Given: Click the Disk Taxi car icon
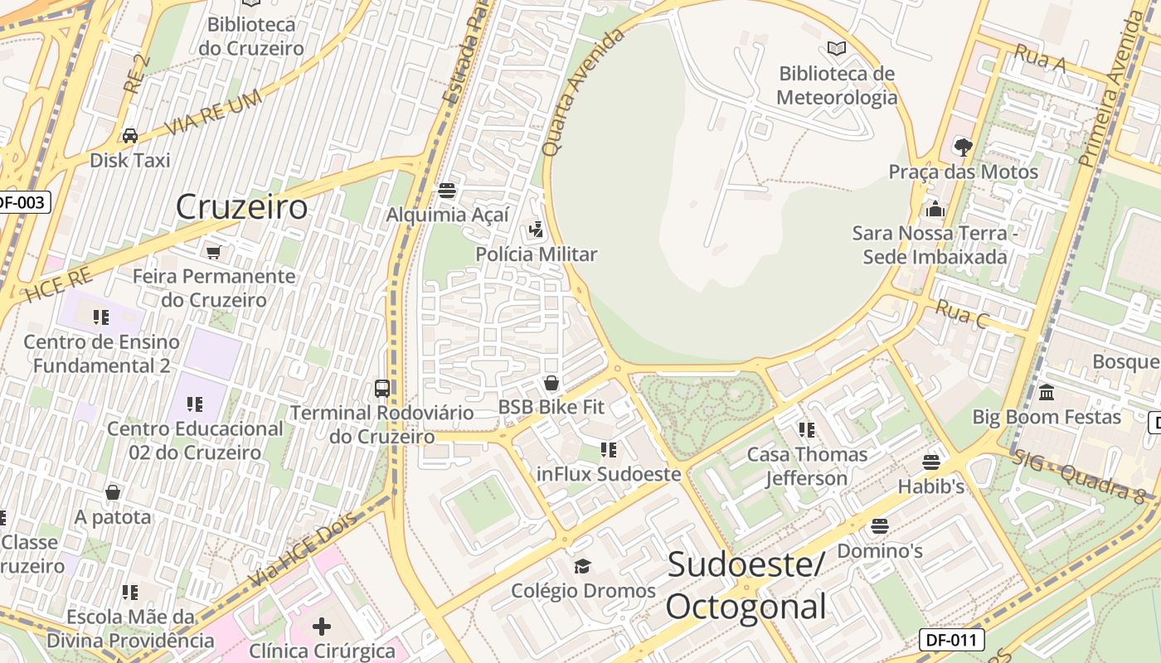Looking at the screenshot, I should pyautogui.click(x=130, y=135).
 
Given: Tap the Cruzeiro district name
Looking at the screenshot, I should pyautogui.click(x=241, y=206).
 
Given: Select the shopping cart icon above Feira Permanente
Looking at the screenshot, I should pyautogui.click(x=214, y=251).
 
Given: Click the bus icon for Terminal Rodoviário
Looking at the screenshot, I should pyautogui.click(x=382, y=388).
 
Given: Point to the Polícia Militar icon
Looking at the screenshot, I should pyautogui.click(x=537, y=230).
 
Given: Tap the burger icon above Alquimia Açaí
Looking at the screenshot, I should pyautogui.click(x=447, y=191).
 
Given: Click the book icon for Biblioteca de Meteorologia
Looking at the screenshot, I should pyautogui.click(x=837, y=49).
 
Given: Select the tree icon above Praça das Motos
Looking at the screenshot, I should pyautogui.click(x=963, y=148).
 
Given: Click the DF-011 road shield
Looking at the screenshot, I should pyautogui.click(x=951, y=640).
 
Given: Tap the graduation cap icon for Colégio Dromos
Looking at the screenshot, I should pyautogui.click(x=583, y=566).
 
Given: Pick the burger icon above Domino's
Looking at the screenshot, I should pyautogui.click(x=880, y=526).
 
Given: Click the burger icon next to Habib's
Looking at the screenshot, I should pyautogui.click(x=931, y=462).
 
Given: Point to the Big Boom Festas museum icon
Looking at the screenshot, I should pyautogui.click(x=1047, y=392).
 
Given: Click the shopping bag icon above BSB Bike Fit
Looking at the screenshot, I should pyautogui.click(x=551, y=383).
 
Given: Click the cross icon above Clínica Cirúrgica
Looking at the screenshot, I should pyautogui.click(x=322, y=627).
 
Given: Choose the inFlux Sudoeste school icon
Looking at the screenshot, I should pyautogui.click(x=609, y=450).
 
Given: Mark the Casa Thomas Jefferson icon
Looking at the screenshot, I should pyautogui.click(x=807, y=430).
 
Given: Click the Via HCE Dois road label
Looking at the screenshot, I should pyautogui.click(x=303, y=548).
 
